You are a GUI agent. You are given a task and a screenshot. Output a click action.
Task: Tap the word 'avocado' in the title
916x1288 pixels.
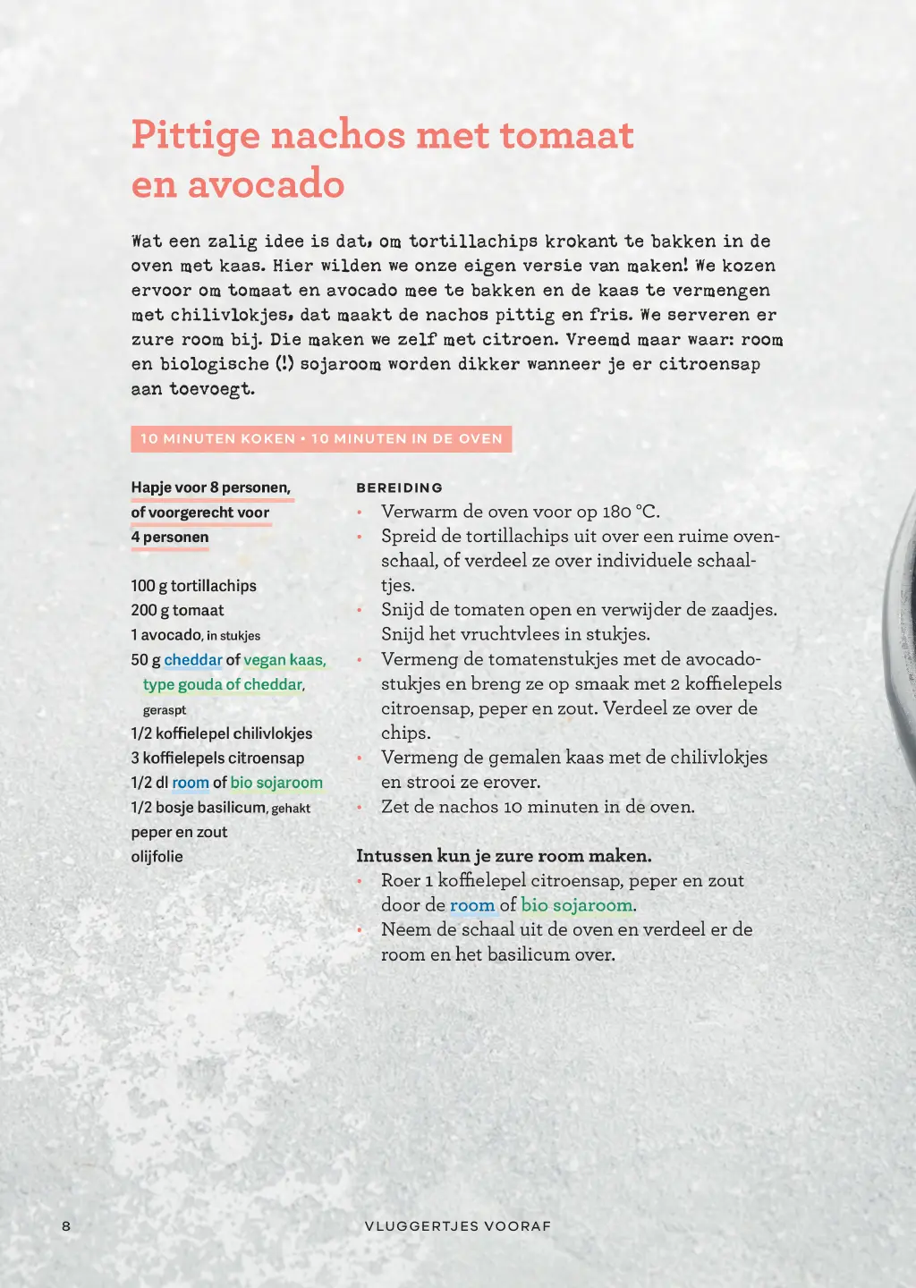[x=266, y=184]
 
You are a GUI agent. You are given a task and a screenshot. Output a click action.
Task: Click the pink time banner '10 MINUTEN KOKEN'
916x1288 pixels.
[x=217, y=439]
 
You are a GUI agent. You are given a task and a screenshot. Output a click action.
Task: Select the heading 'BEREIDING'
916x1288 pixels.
[x=399, y=487]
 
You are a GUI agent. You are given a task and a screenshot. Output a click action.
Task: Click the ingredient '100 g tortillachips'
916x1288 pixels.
[x=193, y=586]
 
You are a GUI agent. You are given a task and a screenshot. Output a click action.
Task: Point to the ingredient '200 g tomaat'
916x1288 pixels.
[x=177, y=610]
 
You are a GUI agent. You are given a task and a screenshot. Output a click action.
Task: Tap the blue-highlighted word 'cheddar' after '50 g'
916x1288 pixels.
[x=193, y=660]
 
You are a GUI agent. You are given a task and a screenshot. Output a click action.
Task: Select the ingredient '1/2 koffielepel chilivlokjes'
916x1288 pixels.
[x=221, y=733]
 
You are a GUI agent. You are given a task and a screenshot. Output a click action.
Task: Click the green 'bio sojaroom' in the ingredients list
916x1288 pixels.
[x=276, y=783]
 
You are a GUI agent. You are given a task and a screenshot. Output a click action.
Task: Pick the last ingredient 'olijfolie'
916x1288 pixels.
[x=157, y=856]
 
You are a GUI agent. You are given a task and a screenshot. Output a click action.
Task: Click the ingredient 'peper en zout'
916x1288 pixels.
[x=179, y=832]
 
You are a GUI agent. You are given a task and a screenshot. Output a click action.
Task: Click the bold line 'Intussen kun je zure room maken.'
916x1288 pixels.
[x=504, y=856]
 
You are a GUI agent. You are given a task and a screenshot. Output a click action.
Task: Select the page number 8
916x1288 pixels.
[x=66, y=1225]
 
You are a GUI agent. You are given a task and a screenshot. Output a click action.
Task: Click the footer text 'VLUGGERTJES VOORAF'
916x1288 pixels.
[x=457, y=1225]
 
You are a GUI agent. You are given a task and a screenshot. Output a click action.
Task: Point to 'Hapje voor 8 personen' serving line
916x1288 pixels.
[x=210, y=487]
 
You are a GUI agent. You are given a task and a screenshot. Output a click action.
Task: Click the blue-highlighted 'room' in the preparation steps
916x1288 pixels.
[x=472, y=905]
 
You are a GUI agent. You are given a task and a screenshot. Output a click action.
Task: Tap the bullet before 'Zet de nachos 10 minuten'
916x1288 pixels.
[x=360, y=807]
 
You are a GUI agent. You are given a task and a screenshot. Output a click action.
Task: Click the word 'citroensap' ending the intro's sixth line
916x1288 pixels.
[x=709, y=364]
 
